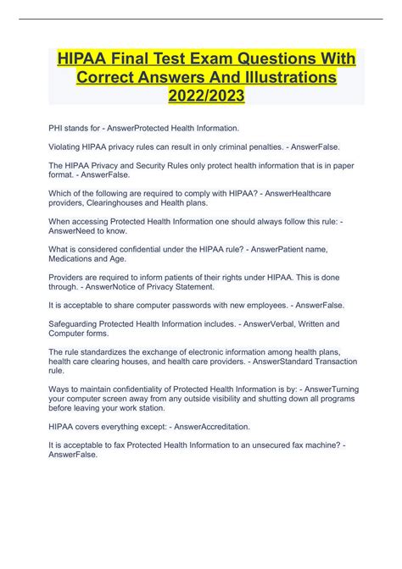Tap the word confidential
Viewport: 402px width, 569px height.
(x=132, y=246)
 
